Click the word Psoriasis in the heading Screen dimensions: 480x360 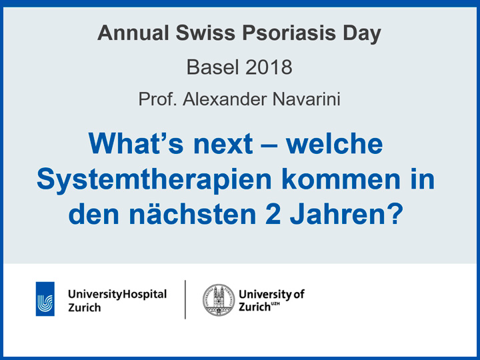[x=289, y=33]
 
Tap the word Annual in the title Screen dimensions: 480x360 [x=133, y=33]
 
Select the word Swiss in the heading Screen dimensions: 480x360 [x=205, y=33]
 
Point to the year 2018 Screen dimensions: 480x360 [x=269, y=67]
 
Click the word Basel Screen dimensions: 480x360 [x=213, y=67]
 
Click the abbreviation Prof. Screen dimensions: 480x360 [x=157, y=99]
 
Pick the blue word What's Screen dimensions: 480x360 [x=136, y=143]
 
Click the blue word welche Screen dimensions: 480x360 [x=335, y=143]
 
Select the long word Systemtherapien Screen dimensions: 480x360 [x=154, y=179]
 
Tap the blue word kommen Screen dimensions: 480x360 [x=336, y=179]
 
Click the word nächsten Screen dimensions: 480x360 [x=192, y=214]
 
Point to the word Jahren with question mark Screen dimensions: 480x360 [x=346, y=214]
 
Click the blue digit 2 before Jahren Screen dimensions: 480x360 [x=273, y=214]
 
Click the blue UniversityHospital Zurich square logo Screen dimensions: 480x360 [x=45, y=299]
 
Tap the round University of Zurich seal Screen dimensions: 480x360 [x=219, y=300]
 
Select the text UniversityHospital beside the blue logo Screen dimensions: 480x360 [x=117, y=294]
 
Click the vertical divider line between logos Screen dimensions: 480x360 [x=185, y=299]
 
